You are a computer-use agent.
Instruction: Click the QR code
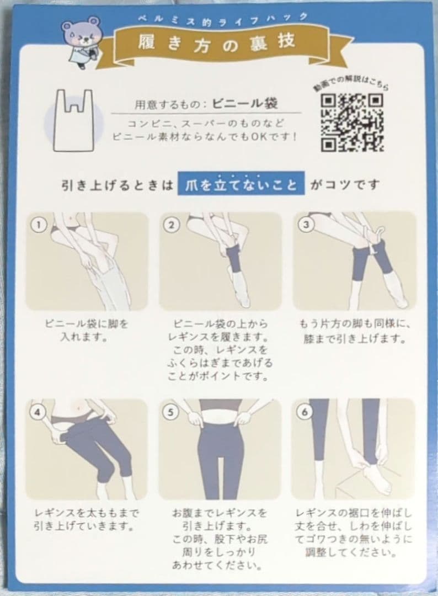(352, 123)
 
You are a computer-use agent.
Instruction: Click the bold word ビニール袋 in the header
(244, 103)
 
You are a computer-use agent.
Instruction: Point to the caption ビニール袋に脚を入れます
(87, 330)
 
